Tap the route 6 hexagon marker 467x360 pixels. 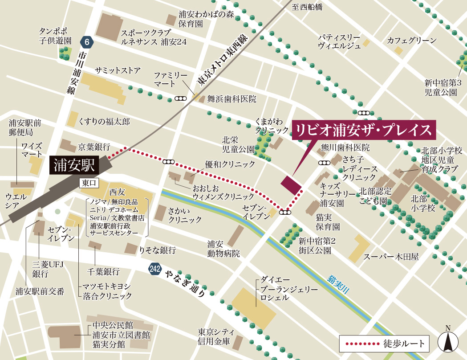pos(87,42)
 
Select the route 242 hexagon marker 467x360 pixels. pos(154,269)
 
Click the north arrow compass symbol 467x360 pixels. pos(448,341)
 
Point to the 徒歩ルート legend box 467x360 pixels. pos(385,344)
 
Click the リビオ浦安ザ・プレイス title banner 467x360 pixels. pos(364,131)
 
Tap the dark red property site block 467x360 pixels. pos(291,185)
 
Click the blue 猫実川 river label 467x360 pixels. pos(339,283)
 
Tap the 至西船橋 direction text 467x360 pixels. pos(307,7)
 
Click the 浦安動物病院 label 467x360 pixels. pos(215,249)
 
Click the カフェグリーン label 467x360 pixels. pos(412,41)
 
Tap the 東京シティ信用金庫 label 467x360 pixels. pos(214,337)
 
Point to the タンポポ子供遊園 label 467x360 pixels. pos(55,36)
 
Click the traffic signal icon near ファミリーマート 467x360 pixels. pos(181,98)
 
